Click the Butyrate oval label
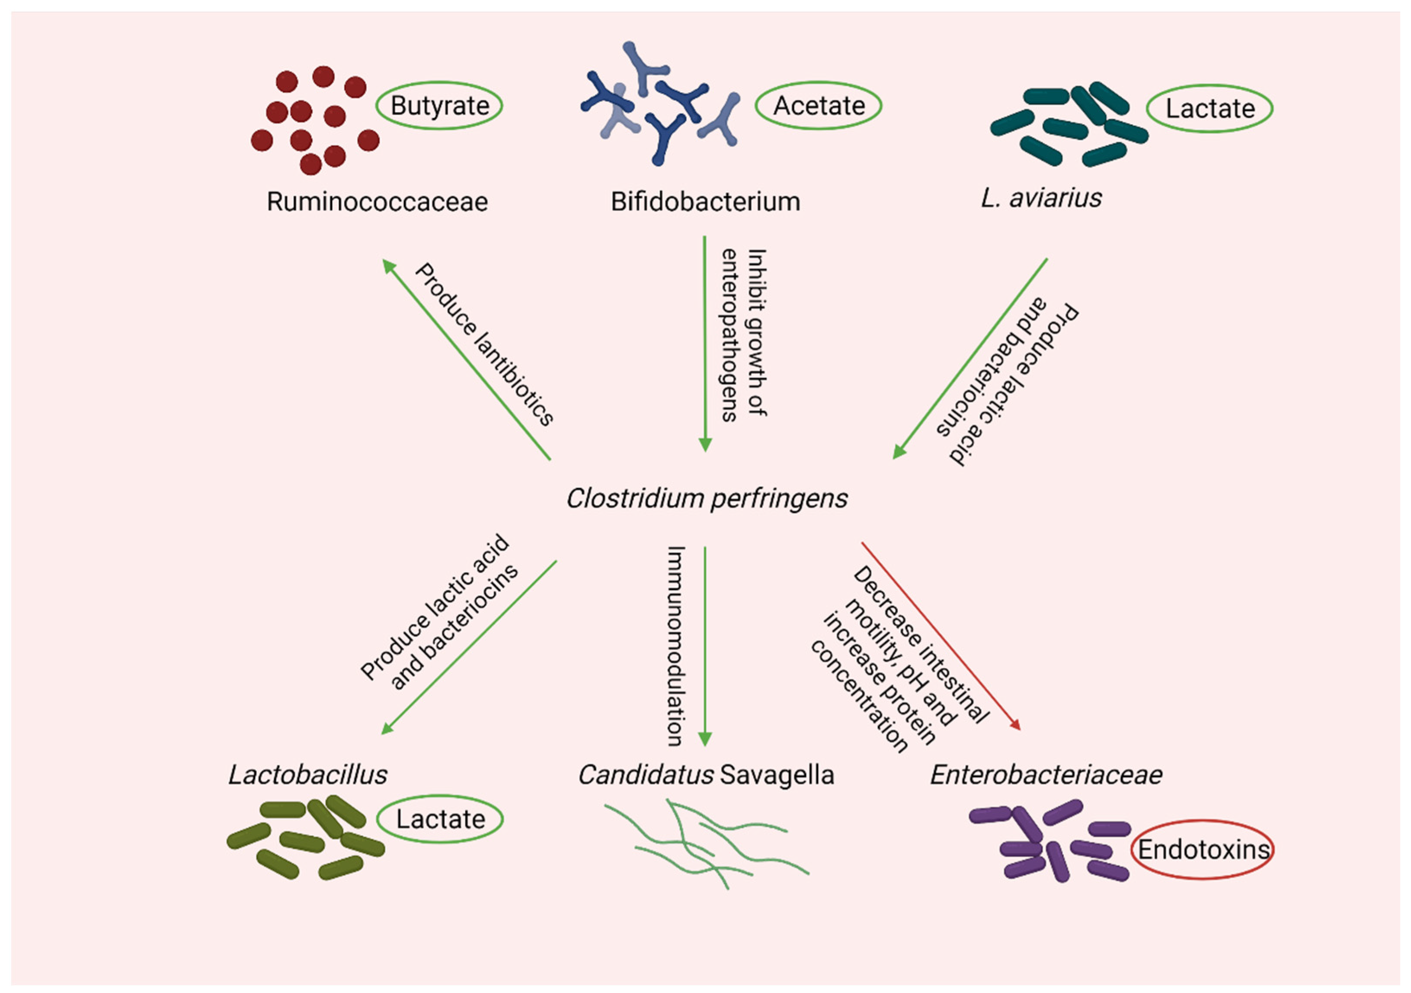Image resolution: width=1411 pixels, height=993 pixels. coord(439,106)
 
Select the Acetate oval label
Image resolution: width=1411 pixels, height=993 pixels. coord(819,106)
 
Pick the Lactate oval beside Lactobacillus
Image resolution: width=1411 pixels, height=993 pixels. coord(440,819)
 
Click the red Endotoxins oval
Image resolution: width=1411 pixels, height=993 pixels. coord(1203,850)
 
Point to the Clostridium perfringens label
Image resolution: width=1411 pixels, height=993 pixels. coord(707,498)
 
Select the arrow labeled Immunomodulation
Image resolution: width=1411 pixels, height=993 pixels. coord(705,646)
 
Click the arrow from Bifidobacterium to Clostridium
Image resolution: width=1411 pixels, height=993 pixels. coord(705,344)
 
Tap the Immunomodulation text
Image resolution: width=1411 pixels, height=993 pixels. coord(676,646)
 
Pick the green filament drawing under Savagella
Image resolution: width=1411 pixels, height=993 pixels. coord(707,842)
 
